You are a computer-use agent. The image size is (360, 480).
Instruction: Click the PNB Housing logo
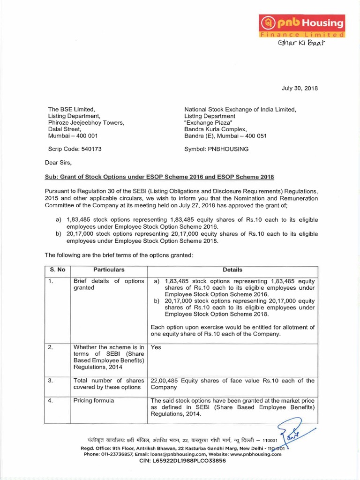[x=302, y=25]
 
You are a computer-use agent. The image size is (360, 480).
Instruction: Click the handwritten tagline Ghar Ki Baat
[x=301, y=44]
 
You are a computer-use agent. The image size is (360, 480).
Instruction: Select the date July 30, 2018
[x=300, y=88]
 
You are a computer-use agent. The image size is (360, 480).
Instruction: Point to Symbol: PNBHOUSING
[x=217, y=149]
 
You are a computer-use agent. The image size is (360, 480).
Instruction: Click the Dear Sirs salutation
[x=58, y=163]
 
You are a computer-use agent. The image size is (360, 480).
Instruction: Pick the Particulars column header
[x=109, y=270]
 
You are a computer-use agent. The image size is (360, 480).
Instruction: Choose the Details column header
[x=232, y=270]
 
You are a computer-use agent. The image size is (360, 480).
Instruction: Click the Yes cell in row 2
[x=156, y=347]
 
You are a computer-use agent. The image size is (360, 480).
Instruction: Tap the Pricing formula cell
[x=94, y=401]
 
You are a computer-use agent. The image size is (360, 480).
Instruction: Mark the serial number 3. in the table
[x=51, y=381]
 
